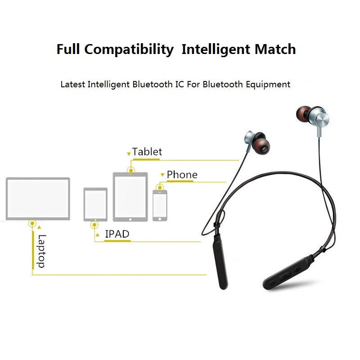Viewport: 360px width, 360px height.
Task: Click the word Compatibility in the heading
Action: coord(129,49)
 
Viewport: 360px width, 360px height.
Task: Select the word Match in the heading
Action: coord(275,49)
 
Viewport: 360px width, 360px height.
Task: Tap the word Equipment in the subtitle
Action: coord(268,85)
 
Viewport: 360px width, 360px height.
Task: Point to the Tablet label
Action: coord(147,152)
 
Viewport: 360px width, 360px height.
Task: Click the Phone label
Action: coord(182,175)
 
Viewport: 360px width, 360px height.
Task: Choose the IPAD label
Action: coord(117,234)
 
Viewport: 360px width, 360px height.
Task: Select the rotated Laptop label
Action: coord(42,251)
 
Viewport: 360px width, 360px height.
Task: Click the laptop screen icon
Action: coord(38,198)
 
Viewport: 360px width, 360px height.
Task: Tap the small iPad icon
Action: coord(95,204)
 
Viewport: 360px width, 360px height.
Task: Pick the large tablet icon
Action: coord(130,197)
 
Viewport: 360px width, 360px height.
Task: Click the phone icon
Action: coord(160,206)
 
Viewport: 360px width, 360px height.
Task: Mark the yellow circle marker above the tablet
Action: coord(131,171)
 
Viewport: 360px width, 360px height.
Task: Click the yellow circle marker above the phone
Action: coord(160,187)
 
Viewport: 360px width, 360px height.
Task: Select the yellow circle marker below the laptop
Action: coord(32,223)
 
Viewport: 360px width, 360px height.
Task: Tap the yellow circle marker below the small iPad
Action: coord(94,225)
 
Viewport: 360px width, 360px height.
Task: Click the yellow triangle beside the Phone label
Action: coord(162,175)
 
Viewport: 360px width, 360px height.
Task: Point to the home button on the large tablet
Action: coord(130,220)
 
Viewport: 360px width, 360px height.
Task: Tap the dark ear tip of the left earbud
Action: coord(261,144)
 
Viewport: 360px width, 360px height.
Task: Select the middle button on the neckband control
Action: coord(285,276)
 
